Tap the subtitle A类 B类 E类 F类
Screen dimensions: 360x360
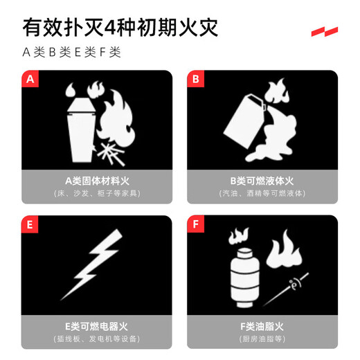click(x=72, y=53)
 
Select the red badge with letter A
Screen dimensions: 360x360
click(x=30, y=79)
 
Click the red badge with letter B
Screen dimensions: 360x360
click(x=196, y=79)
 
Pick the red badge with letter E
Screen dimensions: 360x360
click(x=30, y=224)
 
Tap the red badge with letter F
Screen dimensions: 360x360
click(x=196, y=224)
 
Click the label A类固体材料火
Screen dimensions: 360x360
click(x=96, y=180)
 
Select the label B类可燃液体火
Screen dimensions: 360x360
click(x=262, y=180)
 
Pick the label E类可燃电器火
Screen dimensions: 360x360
click(x=96, y=326)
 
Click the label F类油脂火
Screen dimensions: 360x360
click(x=262, y=326)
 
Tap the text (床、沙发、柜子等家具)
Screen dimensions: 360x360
click(x=96, y=193)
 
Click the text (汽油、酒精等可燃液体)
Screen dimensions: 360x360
click(x=262, y=193)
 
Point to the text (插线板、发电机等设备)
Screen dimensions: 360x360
click(x=96, y=339)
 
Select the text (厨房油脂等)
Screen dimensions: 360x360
click(x=262, y=339)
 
